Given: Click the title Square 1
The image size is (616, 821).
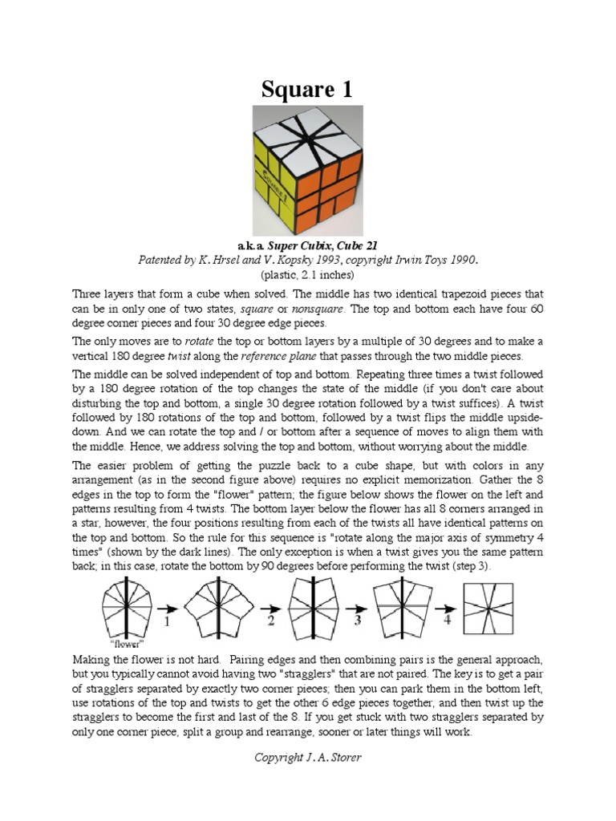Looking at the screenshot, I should [307, 90].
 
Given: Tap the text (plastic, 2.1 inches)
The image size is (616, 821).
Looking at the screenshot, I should [307, 274].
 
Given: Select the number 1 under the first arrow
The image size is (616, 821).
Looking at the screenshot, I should [168, 621].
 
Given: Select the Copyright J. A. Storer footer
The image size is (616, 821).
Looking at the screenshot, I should [307, 757].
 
